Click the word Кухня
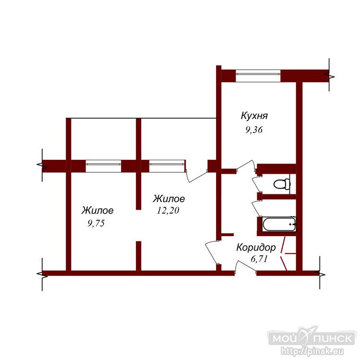click(x=254, y=116)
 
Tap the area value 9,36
click(x=254, y=130)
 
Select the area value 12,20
click(x=168, y=210)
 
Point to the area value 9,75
click(x=96, y=223)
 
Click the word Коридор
click(x=256, y=248)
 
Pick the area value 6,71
click(x=259, y=259)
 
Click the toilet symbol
click(x=282, y=184)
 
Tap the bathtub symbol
click(x=279, y=224)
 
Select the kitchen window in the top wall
click(x=258, y=75)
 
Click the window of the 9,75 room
click(x=103, y=166)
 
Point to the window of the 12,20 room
click(x=167, y=166)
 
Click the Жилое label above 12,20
click(x=169, y=199)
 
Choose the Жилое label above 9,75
click(x=97, y=210)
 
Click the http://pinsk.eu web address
click(x=312, y=351)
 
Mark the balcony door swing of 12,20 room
click(x=197, y=176)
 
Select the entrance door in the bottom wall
click(x=246, y=267)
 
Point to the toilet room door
click(x=257, y=184)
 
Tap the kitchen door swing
click(x=246, y=166)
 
